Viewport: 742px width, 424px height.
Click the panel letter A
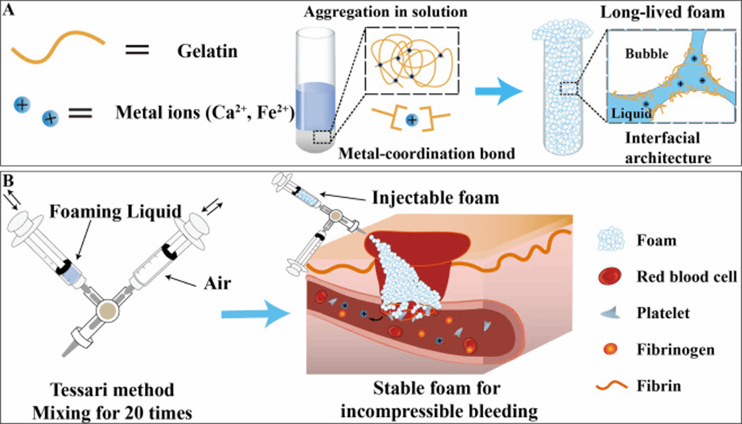(x=8, y=9)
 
